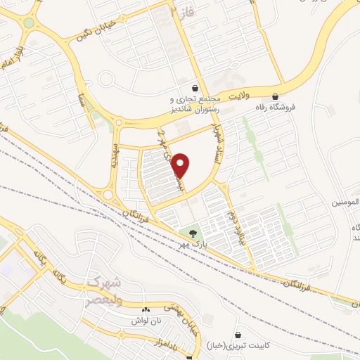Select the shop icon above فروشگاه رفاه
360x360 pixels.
click(276, 96)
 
